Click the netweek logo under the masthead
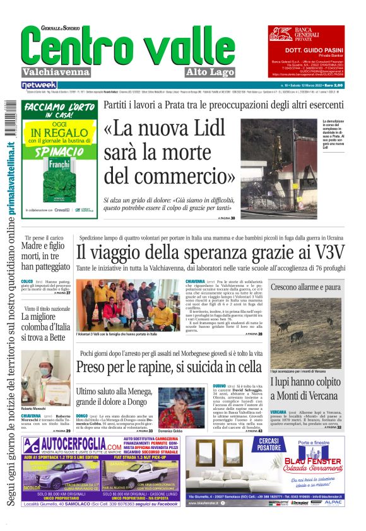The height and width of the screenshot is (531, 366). [39, 85]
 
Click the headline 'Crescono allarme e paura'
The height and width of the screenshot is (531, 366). [305, 287]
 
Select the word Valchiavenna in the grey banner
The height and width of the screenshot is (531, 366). [55, 72]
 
